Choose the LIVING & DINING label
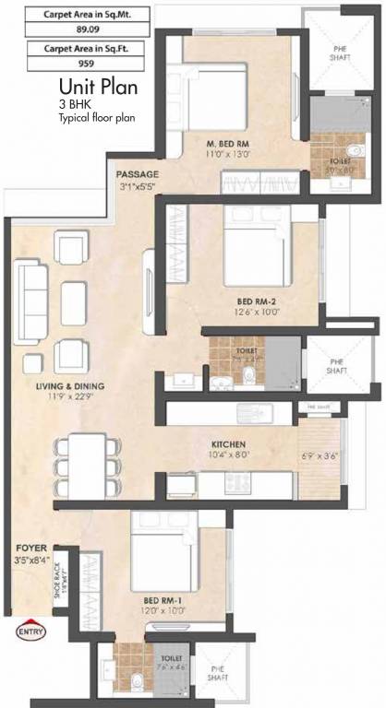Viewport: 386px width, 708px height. click(70, 385)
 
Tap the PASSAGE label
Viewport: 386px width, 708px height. click(138, 174)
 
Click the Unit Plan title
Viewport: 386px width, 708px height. click(97, 88)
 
